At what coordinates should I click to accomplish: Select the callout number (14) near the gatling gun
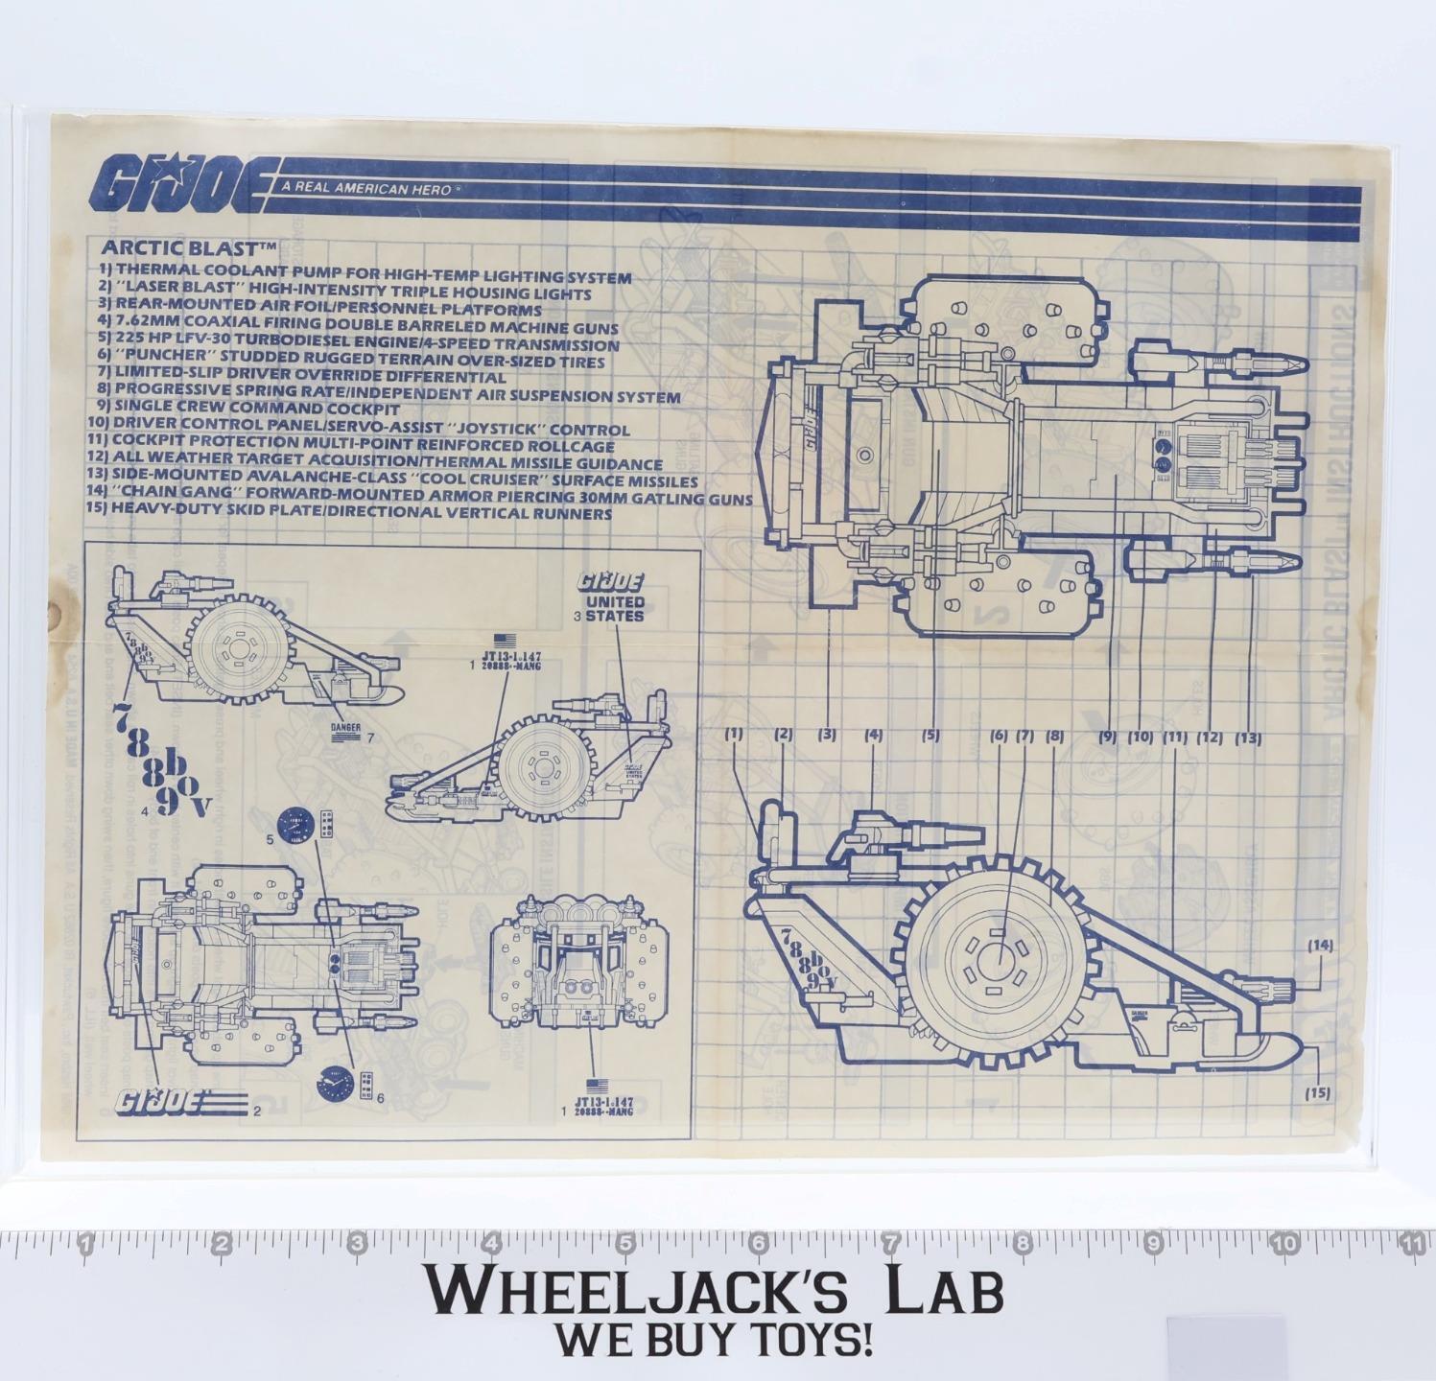[x=1320, y=945]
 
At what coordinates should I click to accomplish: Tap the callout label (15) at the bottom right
[x=1318, y=1092]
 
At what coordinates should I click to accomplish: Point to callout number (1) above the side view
[x=734, y=735]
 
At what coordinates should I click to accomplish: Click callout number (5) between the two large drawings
[x=930, y=736]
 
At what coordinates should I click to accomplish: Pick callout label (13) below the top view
[x=1248, y=737]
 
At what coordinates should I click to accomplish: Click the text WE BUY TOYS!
[x=715, y=1340]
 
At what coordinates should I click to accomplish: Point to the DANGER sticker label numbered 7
[x=345, y=728]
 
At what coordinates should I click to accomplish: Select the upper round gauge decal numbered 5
[x=295, y=826]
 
